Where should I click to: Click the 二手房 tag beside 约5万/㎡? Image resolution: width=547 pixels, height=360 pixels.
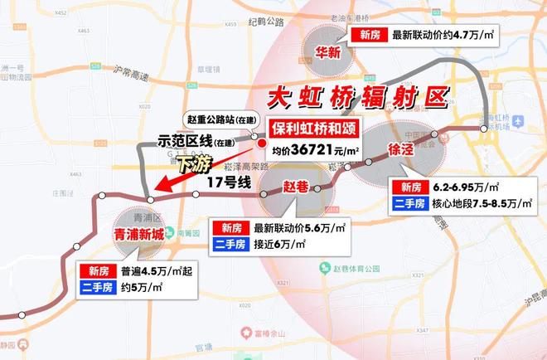pyautogui.click(x=97, y=287)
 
